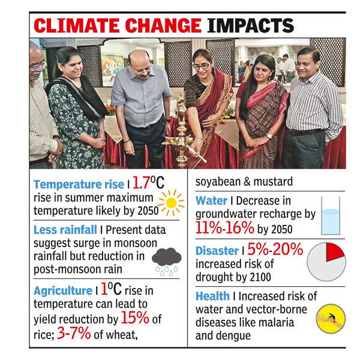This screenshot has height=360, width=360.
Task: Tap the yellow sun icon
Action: (x=171, y=202)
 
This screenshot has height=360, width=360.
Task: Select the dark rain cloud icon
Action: (x=166, y=259)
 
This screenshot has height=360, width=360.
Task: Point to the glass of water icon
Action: (x=330, y=221)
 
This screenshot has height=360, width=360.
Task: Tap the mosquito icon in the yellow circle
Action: (x=331, y=318)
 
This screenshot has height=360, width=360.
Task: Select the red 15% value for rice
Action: (x=135, y=317)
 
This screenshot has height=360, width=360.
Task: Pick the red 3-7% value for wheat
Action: (x=74, y=334)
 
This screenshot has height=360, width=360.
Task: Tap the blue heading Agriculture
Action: (x=62, y=290)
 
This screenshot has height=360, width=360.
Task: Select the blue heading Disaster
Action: (x=216, y=251)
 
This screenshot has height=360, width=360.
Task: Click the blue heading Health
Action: (x=212, y=296)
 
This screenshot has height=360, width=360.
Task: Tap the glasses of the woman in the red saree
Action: (x=201, y=65)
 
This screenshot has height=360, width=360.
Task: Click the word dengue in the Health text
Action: (x=233, y=335)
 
